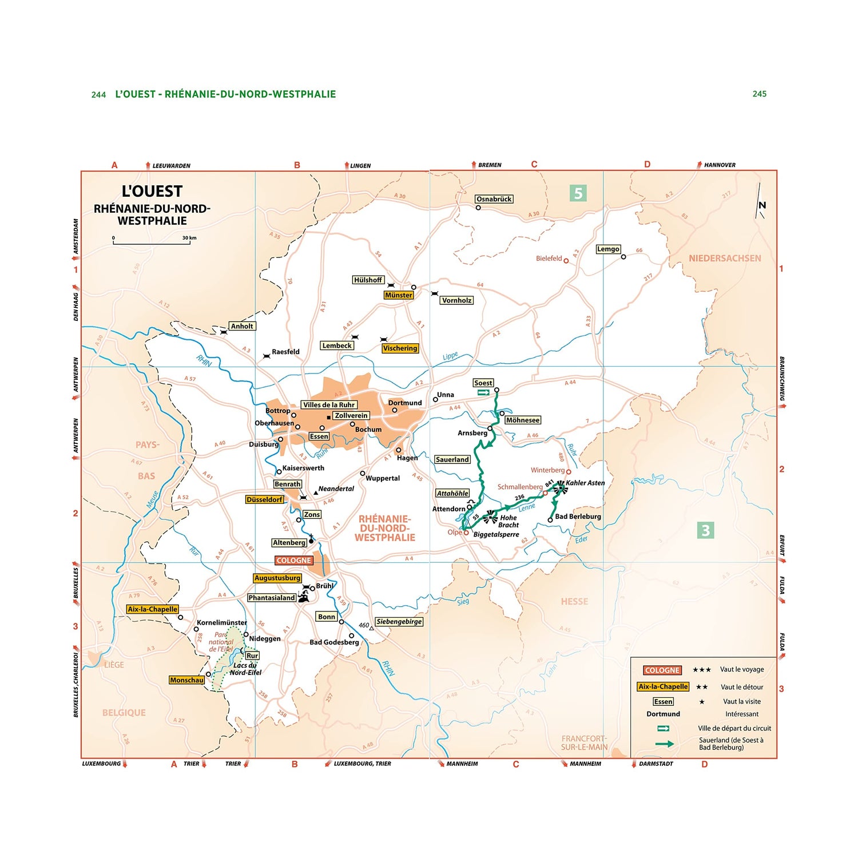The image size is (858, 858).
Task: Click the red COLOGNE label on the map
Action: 293,561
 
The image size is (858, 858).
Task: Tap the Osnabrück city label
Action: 494,199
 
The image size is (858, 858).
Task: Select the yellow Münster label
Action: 398,295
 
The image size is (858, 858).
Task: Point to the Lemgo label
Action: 608,249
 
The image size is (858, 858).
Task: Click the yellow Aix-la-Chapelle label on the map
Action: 152,609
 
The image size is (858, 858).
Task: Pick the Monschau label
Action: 186,680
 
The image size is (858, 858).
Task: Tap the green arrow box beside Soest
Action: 484,392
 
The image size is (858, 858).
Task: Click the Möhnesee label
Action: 522,420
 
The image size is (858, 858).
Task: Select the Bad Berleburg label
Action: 578,517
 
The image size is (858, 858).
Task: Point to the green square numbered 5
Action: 578,193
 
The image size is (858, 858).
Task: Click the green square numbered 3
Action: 705,530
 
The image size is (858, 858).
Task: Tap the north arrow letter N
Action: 762,205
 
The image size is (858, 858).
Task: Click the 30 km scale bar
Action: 152,243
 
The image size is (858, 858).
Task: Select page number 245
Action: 759,94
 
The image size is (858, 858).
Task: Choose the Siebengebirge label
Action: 399,622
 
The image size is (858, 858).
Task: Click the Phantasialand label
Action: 272,598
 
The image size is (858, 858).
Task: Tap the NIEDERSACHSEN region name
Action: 725,259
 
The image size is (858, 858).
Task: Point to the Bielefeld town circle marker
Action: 566,261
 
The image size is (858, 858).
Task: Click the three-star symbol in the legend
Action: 701,670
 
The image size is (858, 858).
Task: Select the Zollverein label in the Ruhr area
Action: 351,416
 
